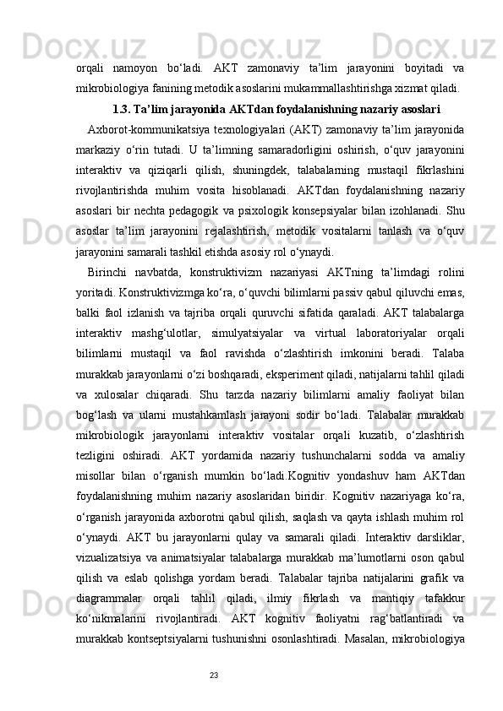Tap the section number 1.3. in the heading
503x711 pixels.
click(121, 108)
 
